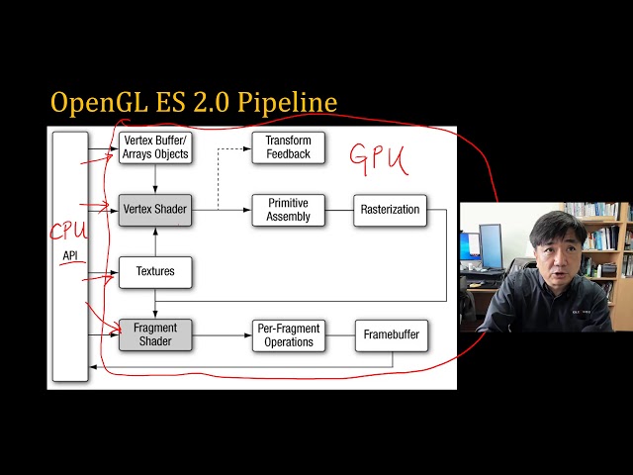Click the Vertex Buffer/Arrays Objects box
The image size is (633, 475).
tap(154, 147)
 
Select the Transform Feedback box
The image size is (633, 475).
tap(288, 147)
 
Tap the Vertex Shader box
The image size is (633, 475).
tap(154, 209)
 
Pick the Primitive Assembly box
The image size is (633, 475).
tap(288, 209)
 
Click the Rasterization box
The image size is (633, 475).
tap(390, 209)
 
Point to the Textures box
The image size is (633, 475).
tap(154, 271)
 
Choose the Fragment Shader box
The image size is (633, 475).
tap(154, 334)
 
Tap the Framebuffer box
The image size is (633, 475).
tap(390, 334)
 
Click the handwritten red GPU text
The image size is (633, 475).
tap(379, 158)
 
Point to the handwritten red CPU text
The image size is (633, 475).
tap(69, 232)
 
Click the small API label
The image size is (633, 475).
tap(69, 255)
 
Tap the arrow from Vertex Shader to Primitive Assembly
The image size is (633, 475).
tap(222, 209)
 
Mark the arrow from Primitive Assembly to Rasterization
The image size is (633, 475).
tap(338, 209)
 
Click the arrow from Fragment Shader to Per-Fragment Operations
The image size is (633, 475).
tap(222, 334)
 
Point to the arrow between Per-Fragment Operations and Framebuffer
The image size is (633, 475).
tap(338, 334)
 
